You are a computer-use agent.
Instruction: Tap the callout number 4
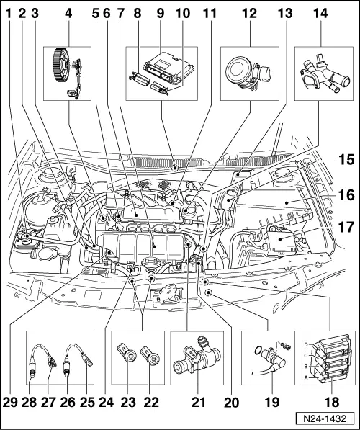68,12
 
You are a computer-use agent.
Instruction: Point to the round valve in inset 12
243,71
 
